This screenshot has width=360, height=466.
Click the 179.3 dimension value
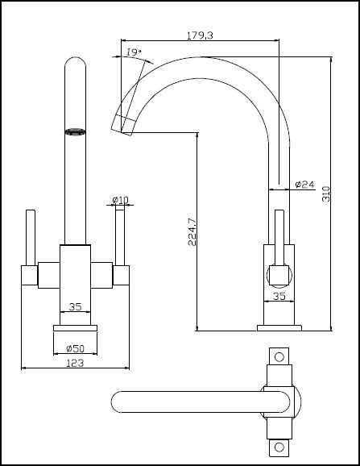200,35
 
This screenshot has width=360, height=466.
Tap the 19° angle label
134,52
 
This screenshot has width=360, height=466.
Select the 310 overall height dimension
326,193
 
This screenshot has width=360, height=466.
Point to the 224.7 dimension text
192,232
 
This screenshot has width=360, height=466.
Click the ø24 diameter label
304,185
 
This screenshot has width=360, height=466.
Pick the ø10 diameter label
121,200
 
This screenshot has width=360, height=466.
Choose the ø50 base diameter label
76,348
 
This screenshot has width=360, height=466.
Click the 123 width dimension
75,363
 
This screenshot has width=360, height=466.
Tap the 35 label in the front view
75,306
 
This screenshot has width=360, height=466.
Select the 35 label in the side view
279,296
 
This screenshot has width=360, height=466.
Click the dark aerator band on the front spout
75,131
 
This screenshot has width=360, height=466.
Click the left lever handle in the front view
31,238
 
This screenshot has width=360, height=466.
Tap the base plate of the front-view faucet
76,328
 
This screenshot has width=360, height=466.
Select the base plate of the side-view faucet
279,328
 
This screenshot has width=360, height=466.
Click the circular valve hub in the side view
279,276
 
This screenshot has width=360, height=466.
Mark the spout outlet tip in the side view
122,132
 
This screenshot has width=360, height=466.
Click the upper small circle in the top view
279,357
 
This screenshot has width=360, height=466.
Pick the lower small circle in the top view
279,447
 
